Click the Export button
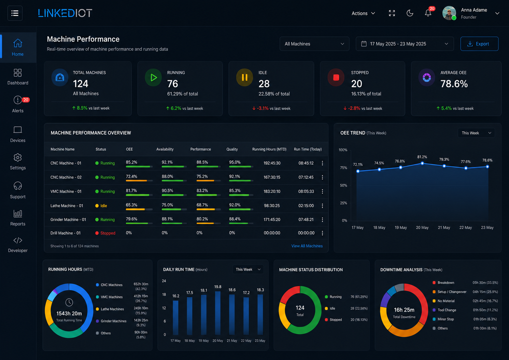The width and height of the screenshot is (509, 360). [479, 44]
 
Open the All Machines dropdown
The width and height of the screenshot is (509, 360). [314, 44]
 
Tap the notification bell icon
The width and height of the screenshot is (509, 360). [428, 13]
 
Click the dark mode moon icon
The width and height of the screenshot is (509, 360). [410, 13]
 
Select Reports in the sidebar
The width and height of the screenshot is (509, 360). [18, 218]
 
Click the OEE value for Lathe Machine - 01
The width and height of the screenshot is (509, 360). [131, 205]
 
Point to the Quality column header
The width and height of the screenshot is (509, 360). [232, 149]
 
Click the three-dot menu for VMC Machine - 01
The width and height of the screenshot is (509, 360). [322, 191]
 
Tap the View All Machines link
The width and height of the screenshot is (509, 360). [307, 246]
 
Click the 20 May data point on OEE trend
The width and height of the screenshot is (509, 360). [422, 163]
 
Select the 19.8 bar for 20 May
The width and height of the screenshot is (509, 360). [218, 313]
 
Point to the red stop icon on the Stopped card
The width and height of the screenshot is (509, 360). [336, 77]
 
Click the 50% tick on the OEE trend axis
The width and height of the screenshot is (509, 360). [343, 185]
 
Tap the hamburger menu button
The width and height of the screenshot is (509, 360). [15, 13]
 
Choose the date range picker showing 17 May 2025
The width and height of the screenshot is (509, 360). [405, 44]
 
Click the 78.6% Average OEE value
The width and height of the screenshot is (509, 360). [454, 84]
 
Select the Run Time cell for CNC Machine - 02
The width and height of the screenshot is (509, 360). [306, 177]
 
